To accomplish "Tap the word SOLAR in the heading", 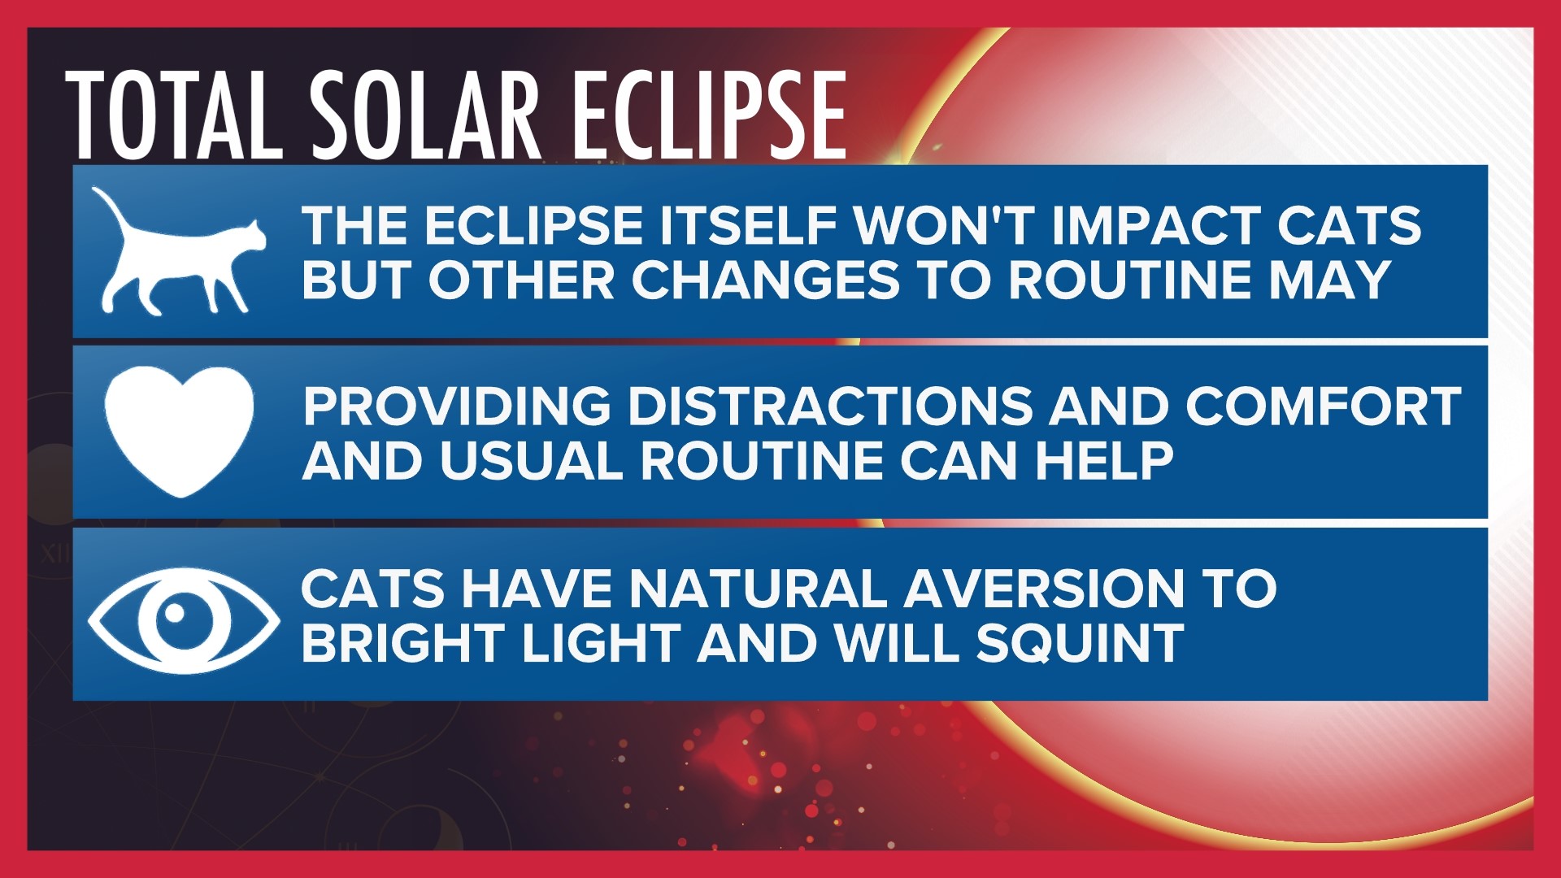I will click(425, 115).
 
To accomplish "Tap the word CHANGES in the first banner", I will click(765, 280).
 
